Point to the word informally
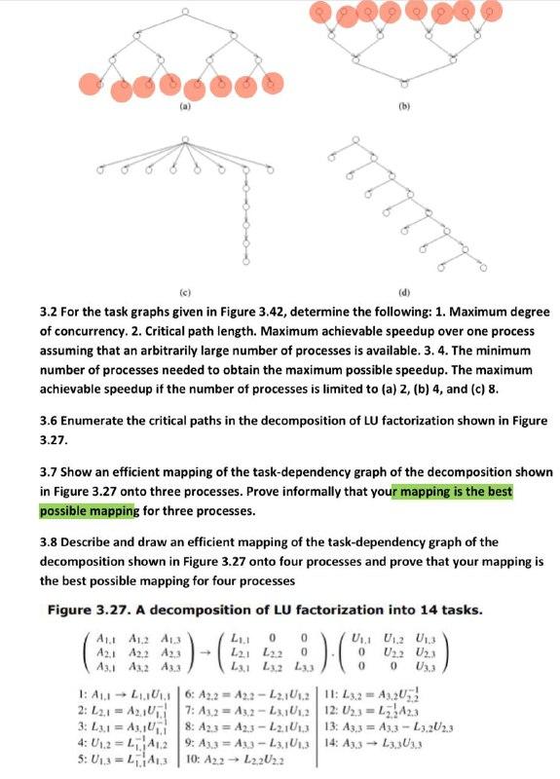pyautogui.click(x=294, y=492)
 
